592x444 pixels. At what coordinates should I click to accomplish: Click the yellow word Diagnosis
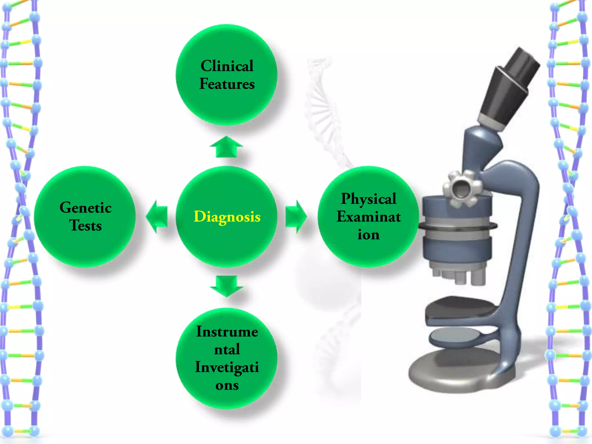tap(227, 217)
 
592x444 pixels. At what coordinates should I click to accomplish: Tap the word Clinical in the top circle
tap(227, 66)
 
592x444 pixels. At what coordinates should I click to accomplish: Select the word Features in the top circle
tap(227, 84)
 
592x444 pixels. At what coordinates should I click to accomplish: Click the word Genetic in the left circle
tap(86, 208)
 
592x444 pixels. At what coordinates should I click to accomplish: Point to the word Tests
tap(86, 225)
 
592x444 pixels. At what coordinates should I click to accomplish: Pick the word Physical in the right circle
tap(369, 199)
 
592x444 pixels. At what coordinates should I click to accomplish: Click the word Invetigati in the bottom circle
tap(227, 367)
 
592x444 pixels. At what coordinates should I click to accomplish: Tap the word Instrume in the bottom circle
tap(227, 332)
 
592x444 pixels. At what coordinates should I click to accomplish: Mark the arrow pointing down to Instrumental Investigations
tap(226, 286)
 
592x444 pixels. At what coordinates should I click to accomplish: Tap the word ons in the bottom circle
tap(227, 385)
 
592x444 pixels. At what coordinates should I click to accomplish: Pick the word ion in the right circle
tap(369, 235)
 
